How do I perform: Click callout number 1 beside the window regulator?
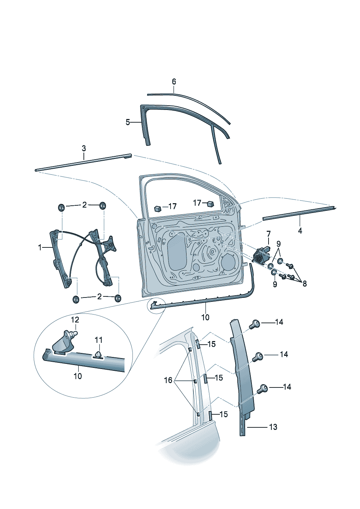tap(40, 247)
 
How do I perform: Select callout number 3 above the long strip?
tap(84, 148)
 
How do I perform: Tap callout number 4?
tap(300, 230)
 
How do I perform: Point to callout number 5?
tap(128, 122)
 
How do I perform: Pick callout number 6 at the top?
tap(174, 82)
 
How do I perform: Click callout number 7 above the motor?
tap(269, 233)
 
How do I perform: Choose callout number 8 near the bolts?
tap(304, 284)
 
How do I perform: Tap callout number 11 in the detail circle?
tap(99, 340)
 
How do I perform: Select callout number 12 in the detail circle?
tap(75, 320)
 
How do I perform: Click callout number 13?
tap(273, 427)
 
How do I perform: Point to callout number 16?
tap(168, 380)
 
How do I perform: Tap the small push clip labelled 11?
tap(98, 354)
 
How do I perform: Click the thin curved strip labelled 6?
tap(196, 101)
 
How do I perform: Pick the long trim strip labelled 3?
tap(83, 163)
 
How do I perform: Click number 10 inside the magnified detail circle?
tap(78, 376)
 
